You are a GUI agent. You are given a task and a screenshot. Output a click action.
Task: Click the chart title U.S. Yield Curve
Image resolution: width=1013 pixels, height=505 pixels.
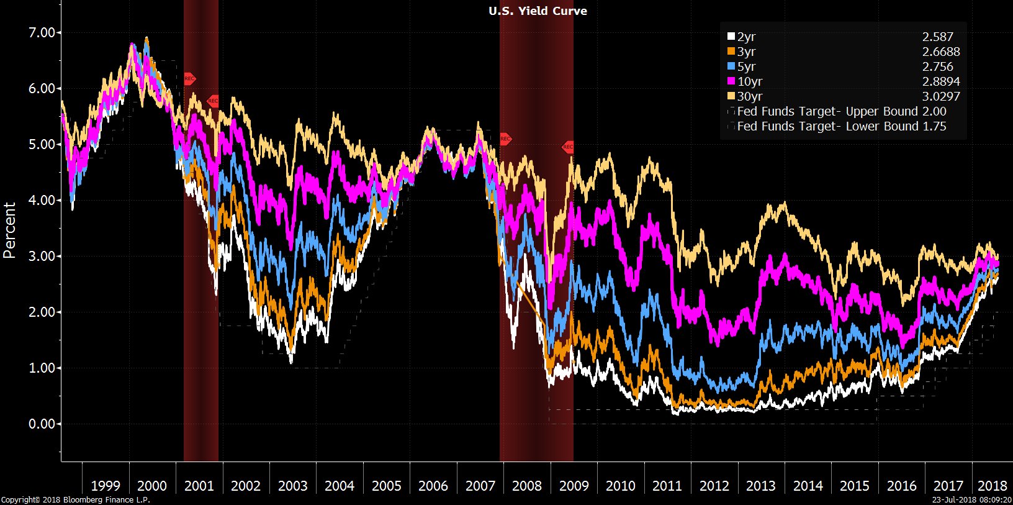click(x=538, y=11)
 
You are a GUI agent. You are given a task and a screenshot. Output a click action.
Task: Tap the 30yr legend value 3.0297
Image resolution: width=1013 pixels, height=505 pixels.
click(x=940, y=96)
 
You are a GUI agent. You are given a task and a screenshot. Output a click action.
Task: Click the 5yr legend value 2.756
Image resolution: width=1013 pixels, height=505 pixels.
click(x=937, y=66)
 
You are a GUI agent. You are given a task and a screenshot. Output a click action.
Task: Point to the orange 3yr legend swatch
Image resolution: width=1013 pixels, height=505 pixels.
click(x=731, y=52)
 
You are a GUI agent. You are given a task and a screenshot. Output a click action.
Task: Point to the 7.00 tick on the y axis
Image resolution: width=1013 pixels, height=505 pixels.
click(x=42, y=32)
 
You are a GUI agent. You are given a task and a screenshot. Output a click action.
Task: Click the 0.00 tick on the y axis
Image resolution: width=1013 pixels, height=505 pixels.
click(x=42, y=424)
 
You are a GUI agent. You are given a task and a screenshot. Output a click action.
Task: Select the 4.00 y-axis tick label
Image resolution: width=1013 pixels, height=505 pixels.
click(x=42, y=200)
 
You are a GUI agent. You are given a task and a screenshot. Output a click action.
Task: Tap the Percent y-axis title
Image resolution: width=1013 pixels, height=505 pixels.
click(x=9, y=230)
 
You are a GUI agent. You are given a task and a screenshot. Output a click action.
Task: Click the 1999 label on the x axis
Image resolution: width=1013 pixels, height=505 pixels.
click(x=106, y=486)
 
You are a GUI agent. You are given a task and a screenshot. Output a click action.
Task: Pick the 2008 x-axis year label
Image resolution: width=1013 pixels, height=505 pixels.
click(x=527, y=486)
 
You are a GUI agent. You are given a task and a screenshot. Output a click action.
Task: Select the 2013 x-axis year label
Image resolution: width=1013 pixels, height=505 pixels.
click(x=761, y=486)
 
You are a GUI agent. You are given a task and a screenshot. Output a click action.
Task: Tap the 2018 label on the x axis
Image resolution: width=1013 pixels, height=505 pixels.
click(x=992, y=486)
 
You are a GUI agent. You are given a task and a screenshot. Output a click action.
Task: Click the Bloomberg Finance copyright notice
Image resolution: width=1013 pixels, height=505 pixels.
click(x=75, y=499)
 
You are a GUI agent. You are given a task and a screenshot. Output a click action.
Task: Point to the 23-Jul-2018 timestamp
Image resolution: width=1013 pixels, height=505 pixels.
click(x=972, y=499)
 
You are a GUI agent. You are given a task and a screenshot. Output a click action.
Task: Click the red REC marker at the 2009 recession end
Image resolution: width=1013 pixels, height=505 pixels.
click(x=568, y=147)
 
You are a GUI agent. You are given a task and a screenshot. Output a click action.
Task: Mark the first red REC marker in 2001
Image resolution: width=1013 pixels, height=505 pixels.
click(x=189, y=79)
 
